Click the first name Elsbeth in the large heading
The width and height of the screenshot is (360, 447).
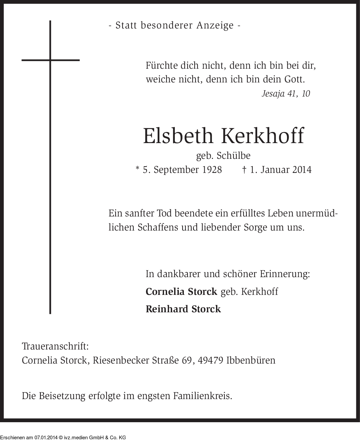pos(178,136)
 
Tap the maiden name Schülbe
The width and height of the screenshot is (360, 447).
pos(233,156)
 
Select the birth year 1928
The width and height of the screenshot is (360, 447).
pos(212,170)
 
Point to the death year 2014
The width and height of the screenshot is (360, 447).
pos(302,170)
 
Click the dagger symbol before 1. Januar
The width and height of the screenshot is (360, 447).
pos(244,170)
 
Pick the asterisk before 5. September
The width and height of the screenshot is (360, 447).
pos(137,169)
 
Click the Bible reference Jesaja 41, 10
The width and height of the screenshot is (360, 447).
pos(286,93)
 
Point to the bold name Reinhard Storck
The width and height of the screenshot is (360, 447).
pos(183,309)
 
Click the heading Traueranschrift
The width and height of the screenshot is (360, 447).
pos(55,346)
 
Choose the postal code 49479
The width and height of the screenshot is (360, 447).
pos(211,361)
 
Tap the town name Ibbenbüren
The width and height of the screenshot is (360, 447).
pos(251,361)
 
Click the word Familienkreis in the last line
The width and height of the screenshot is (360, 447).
pos(203,396)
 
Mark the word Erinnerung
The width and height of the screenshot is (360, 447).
pos(285,274)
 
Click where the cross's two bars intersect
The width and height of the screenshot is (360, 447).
pos(50,60)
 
